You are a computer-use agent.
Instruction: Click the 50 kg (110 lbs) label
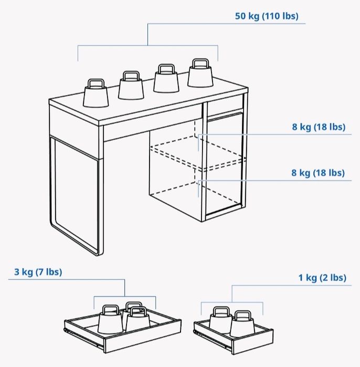(267, 16)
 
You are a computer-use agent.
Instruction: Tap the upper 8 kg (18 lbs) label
(319, 127)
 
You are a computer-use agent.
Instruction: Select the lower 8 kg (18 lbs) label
(318, 173)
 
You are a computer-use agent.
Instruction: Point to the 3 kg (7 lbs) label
(38, 272)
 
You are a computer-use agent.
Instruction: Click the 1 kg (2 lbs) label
(322, 278)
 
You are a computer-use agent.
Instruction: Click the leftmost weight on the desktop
(96, 93)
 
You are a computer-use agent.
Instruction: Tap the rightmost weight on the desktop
(200, 73)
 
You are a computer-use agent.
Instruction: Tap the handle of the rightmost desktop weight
(200, 62)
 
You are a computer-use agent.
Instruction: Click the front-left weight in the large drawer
(110, 319)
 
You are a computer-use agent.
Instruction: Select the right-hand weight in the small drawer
(242, 324)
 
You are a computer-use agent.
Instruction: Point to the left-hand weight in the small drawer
(220, 320)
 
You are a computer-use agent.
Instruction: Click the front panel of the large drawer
(142, 335)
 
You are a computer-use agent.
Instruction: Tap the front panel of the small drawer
(252, 342)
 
